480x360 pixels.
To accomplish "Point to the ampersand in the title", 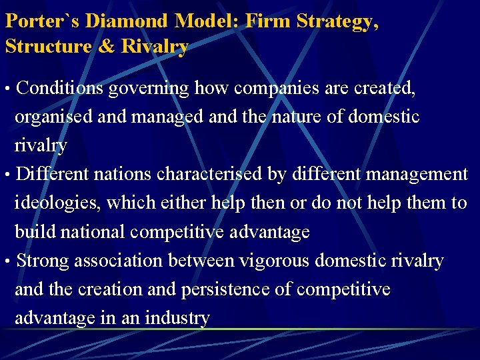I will point(109,47).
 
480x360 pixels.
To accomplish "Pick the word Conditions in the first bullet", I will point(60,88).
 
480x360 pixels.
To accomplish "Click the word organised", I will point(54,117).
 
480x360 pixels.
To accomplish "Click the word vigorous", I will point(273,261).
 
